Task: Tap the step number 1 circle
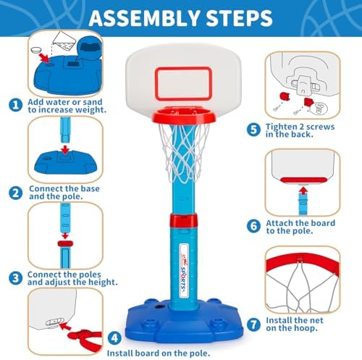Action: [15, 104]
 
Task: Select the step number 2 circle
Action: [15, 193]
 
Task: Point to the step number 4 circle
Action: [113, 337]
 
